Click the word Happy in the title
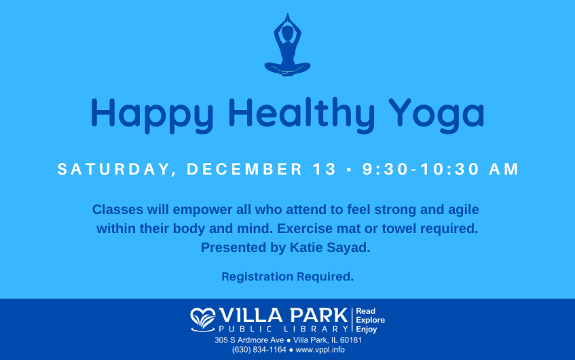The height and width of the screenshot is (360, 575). coord(152,115)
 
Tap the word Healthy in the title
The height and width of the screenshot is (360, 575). coord(301,115)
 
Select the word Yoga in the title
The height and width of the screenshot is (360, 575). coord(437,115)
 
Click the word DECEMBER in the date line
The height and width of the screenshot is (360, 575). coord(244,169)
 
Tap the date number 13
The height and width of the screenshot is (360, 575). coord(324,169)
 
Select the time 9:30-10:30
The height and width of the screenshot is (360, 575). coord(421,169)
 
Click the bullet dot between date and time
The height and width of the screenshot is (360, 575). coord(349,170)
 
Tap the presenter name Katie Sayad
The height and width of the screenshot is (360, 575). coord(330,248)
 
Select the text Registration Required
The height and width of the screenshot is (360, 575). coord(288,276)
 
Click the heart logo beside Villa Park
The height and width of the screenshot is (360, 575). coord(203,320)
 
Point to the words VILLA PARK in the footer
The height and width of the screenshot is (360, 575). coord(284,316)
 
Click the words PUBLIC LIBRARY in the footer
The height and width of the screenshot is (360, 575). coord(284,329)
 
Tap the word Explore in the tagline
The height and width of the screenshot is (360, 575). coord(371,321)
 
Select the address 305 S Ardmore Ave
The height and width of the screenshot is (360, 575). coord(249,340)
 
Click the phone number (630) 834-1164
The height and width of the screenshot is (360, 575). coord(259,350)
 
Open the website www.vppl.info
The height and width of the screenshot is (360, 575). coord(320,350)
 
